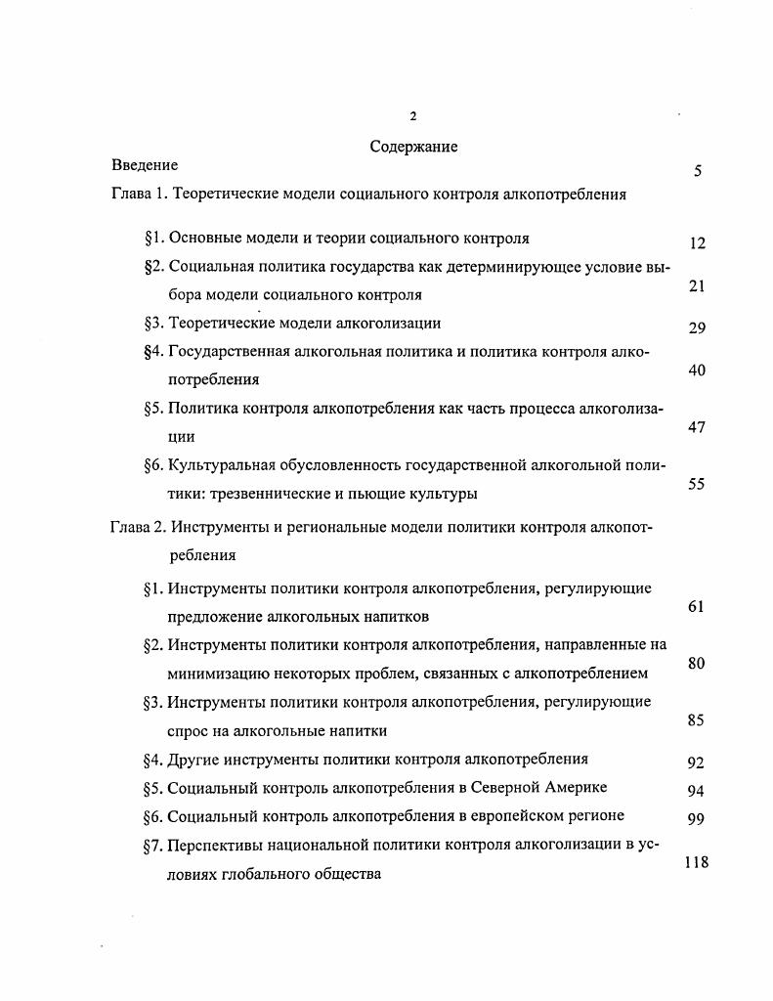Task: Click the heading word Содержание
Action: [x=413, y=147]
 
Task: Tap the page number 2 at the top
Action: [x=413, y=116]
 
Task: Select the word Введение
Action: [x=145, y=165]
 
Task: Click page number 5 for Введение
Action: [x=698, y=172]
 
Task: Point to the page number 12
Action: [x=697, y=244]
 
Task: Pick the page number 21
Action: [x=697, y=286]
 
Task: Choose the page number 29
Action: [x=697, y=328]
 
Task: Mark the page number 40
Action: [x=697, y=370]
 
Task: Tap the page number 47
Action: [x=697, y=427]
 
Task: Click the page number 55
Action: [x=697, y=484]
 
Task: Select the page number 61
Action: [x=696, y=607]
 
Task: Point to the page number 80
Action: [x=696, y=664]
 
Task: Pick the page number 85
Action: [x=696, y=720]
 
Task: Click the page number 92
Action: [x=696, y=763]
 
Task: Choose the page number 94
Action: [x=696, y=791]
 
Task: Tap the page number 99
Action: [x=696, y=819]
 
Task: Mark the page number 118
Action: [x=696, y=862]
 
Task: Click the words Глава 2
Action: [x=138, y=527]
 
